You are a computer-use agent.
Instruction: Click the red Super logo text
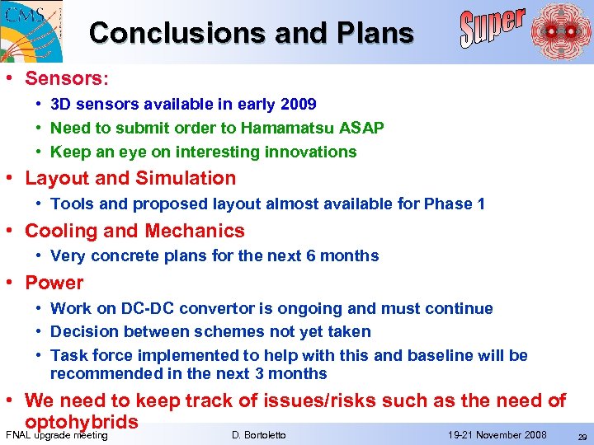[x=493, y=29]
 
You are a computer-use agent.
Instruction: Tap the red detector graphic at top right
[x=560, y=31]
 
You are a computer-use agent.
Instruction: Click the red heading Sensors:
[x=67, y=78]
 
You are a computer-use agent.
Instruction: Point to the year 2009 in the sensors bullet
[x=299, y=105]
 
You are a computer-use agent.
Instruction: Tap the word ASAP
[x=364, y=128]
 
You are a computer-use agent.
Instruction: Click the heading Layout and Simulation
[x=130, y=178]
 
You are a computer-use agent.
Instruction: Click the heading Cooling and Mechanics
[x=134, y=231]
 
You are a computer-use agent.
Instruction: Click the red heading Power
[x=54, y=283]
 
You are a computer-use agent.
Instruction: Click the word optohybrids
[x=82, y=422]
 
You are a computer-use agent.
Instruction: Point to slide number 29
[x=582, y=436]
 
